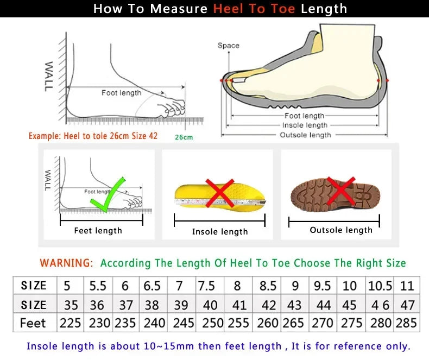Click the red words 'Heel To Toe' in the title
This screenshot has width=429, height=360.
click(254, 9)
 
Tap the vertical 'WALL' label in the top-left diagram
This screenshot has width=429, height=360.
click(48, 75)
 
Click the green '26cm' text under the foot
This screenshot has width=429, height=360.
click(184, 137)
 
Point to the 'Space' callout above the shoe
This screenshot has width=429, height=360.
click(228, 46)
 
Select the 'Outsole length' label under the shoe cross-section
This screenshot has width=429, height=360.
click(305, 135)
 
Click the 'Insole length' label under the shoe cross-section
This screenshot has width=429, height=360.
click(305, 125)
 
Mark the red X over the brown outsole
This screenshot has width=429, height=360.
click(341, 192)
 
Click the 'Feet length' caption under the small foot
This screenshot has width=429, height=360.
click(98, 231)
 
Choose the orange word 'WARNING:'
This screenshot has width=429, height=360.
click(66, 263)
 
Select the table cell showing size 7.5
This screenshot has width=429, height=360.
click(206, 286)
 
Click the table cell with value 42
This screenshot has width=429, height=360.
click(268, 305)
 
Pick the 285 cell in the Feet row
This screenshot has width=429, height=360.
click(407, 323)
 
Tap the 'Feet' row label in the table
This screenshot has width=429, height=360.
click(33, 323)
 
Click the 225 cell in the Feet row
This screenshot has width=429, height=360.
click(70, 323)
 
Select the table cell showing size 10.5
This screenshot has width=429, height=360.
click(380, 286)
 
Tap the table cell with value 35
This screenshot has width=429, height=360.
click(70, 305)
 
